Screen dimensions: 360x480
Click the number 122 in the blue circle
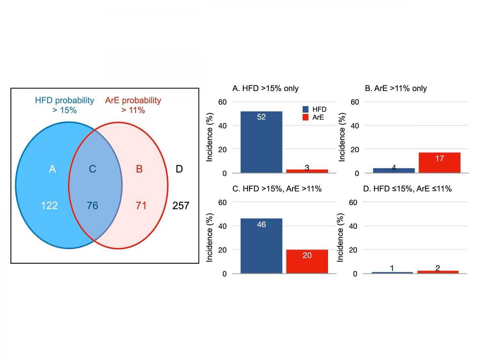pos(49,205)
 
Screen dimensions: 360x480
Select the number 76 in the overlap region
pos(92,205)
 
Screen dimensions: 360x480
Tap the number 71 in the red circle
pos(141,205)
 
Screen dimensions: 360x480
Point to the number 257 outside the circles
pos(181,206)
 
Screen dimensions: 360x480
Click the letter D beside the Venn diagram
pos(179,169)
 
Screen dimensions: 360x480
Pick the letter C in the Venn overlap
pos(92,169)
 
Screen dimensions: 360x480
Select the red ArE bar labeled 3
pos(307,171)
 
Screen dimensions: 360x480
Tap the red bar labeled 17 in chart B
pos(439,163)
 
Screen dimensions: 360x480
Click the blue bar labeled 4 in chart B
pos(394,170)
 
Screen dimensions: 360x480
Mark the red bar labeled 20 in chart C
pos(307,261)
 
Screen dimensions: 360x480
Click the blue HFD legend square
pos(305,109)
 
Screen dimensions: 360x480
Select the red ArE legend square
pos(305,117)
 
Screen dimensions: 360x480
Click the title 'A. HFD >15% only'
pos(265,88)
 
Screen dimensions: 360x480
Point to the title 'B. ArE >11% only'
pos(396,88)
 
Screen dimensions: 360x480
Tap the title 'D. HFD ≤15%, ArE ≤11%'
pos(407,189)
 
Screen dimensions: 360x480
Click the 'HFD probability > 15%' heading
pos(65,105)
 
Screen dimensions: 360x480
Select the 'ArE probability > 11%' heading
pos(133,105)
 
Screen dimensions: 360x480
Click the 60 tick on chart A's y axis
pos(222,102)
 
